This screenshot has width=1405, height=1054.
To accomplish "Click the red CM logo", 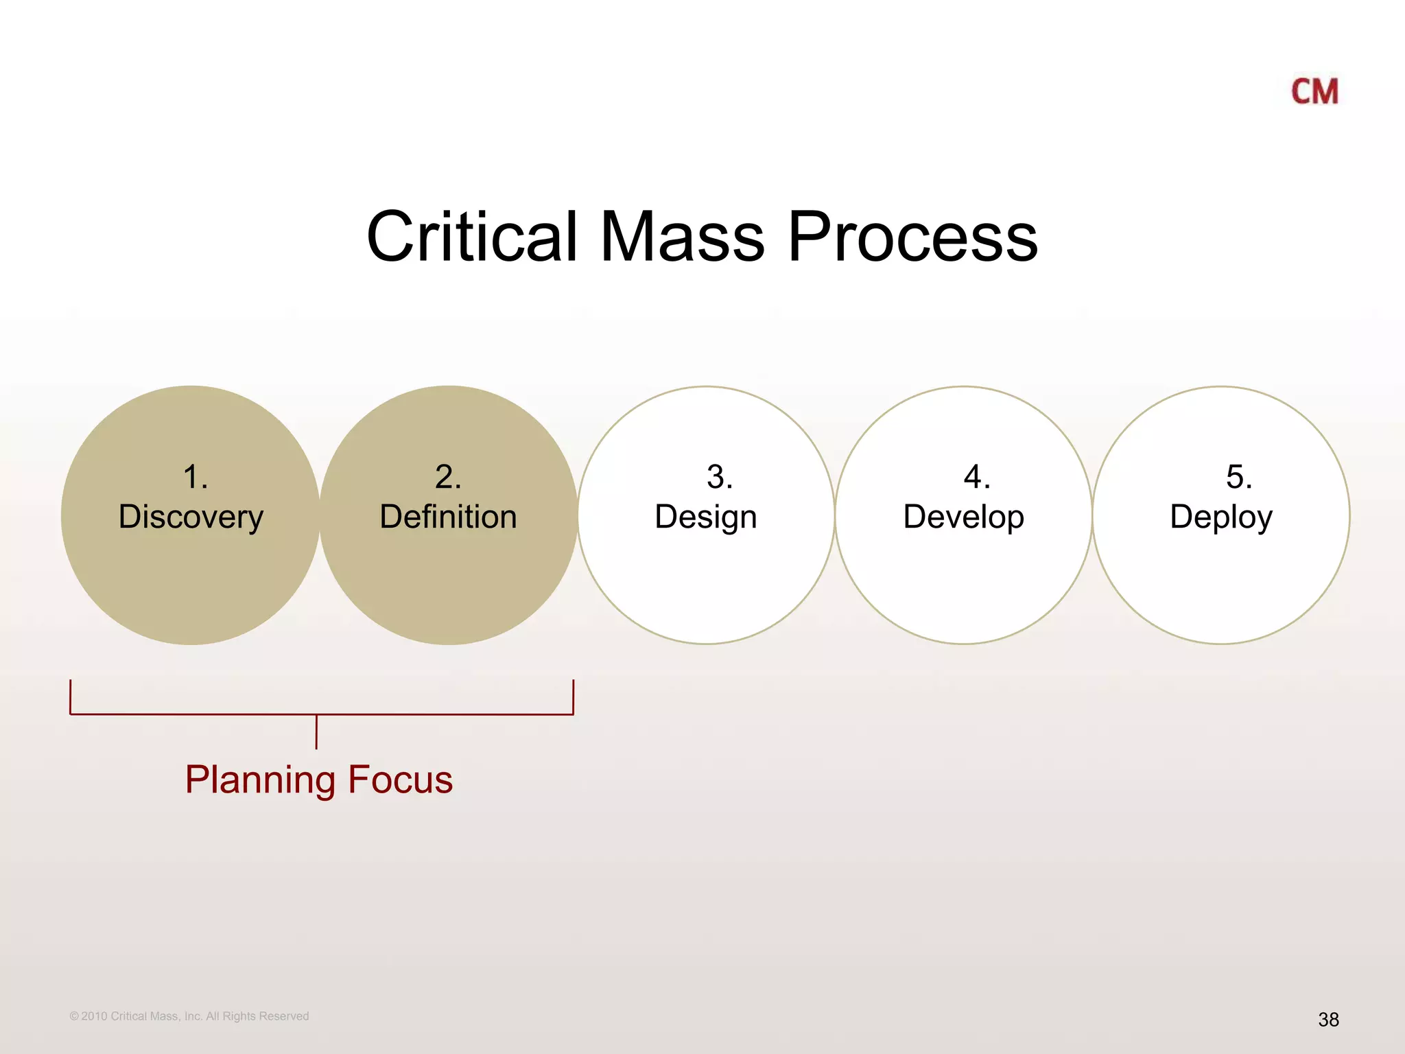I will coord(1314,91).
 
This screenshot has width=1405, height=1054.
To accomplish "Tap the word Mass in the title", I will coord(682,237).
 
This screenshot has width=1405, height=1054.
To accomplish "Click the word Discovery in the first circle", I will coord(191,517).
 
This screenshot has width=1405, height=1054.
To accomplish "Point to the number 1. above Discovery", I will coord(195,476).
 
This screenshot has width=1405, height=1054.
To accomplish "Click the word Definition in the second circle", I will coord(448,517).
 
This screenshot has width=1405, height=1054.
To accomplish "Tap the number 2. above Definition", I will coord(448,476).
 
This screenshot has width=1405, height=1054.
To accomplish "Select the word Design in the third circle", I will coord(705,517).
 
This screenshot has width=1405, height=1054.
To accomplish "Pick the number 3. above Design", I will coord(720,476).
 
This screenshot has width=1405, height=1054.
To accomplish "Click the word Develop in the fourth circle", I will coord(963,517).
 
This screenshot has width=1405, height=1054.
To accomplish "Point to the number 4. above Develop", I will coord(977,476).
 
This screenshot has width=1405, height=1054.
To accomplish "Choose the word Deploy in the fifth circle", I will coord(1221,517).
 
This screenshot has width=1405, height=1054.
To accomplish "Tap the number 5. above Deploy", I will coord(1239,476).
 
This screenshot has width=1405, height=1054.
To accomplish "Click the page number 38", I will coord(1328,1020).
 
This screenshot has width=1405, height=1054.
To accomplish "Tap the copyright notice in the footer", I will coord(189,1016).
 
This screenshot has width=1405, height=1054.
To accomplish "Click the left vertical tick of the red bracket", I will coord(71,696).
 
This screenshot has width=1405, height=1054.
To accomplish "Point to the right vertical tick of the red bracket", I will coord(573,696).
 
